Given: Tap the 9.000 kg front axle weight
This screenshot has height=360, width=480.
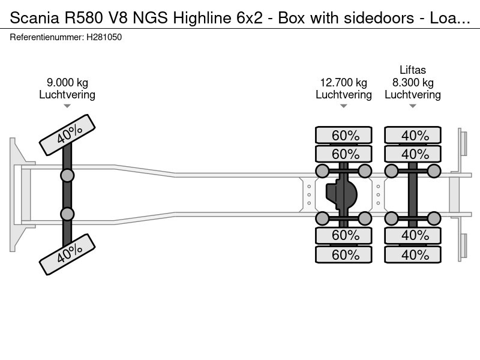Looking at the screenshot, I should (x=67, y=83).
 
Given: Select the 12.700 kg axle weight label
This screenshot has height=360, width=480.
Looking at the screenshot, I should (x=344, y=83).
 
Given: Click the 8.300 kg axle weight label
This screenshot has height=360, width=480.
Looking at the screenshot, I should (x=413, y=83).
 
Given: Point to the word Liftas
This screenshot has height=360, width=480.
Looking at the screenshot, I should (x=413, y=70).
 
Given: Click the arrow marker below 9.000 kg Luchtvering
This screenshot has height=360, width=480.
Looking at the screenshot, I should (x=67, y=106).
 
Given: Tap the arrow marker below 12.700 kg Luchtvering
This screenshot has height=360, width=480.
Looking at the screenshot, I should (x=344, y=106).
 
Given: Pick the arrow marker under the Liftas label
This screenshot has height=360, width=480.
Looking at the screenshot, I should (x=413, y=106).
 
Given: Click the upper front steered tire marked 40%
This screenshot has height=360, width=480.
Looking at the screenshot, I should (x=67, y=136).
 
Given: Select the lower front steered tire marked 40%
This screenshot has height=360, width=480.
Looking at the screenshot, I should (x=67, y=254).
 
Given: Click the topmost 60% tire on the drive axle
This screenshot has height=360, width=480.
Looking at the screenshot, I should (x=344, y=136).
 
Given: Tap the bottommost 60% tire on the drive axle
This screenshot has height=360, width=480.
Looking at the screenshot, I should (x=344, y=254).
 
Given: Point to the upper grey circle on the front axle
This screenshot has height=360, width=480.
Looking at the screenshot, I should (x=67, y=175).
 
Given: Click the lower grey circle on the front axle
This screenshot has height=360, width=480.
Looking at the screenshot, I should (x=67, y=214).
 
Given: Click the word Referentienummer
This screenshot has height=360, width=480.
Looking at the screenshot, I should (x=46, y=37).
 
